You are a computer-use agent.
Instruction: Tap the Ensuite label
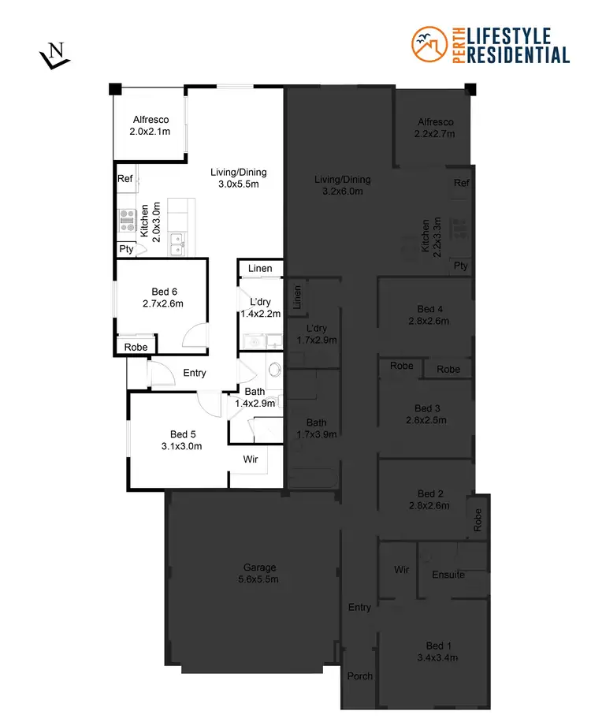click(x=448, y=575)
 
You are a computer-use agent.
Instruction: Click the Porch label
click(x=359, y=676)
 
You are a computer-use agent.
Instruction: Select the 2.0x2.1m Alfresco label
click(x=151, y=125)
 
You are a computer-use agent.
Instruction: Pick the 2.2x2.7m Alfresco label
click(x=435, y=128)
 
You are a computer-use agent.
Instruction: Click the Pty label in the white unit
click(x=126, y=249)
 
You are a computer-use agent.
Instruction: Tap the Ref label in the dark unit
click(x=462, y=183)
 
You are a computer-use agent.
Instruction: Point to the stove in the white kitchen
click(x=127, y=218)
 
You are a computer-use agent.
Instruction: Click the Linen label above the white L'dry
click(x=260, y=269)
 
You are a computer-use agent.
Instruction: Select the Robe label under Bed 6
click(x=136, y=346)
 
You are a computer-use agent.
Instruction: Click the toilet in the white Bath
click(x=275, y=369)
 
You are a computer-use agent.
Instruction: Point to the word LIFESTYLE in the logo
click(x=519, y=35)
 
